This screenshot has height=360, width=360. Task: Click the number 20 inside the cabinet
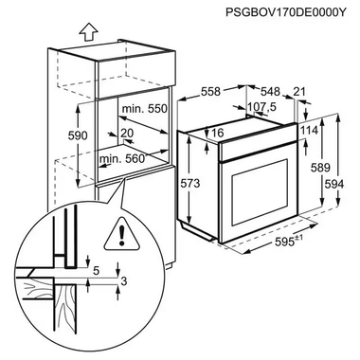point(127,134)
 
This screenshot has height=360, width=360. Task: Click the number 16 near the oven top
point(217,134)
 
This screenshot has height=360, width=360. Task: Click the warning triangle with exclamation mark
point(121,228)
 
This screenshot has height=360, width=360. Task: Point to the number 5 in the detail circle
point(96,270)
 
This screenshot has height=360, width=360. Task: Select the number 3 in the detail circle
point(122,281)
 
